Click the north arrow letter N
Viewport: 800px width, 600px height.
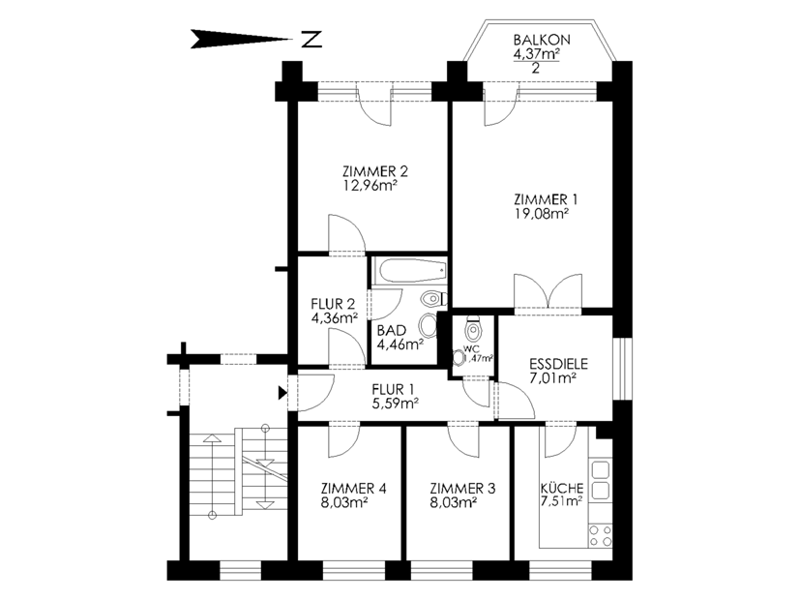click(x=311, y=40)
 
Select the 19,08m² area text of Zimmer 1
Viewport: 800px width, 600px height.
click(x=542, y=213)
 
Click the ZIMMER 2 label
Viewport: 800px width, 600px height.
click(x=375, y=171)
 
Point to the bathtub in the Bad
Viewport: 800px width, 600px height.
click(x=410, y=270)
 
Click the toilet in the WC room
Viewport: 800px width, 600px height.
click(x=473, y=329)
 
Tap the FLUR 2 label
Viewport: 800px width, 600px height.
click(x=333, y=304)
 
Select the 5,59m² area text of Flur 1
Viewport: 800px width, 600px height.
click(x=396, y=404)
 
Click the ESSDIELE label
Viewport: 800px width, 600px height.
click(x=559, y=364)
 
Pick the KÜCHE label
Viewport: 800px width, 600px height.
click(x=562, y=488)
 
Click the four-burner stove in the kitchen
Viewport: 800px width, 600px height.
click(x=601, y=535)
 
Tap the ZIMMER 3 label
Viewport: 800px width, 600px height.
click(x=462, y=489)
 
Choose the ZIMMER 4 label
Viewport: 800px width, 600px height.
click(x=354, y=489)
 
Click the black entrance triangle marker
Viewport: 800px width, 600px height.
click(x=282, y=393)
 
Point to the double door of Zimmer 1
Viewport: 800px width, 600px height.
click(x=548, y=292)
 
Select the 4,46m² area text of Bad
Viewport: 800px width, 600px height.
click(x=400, y=345)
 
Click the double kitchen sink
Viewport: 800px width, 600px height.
click(x=601, y=480)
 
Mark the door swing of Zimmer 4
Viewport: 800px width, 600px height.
click(x=344, y=441)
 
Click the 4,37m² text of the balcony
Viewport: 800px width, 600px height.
click(x=536, y=53)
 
